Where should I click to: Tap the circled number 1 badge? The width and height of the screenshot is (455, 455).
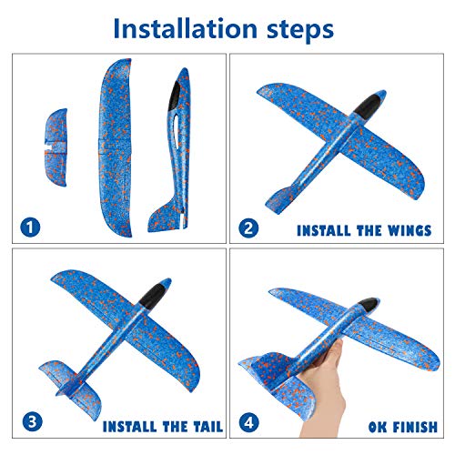(x=31, y=227)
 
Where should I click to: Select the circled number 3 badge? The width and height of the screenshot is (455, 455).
(x=31, y=423)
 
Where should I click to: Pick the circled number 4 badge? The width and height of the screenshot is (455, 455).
(x=248, y=423)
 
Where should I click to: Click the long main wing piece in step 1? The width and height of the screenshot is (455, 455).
(x=115, y=146)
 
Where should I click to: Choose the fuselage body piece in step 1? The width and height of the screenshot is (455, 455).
(x=172, y=155)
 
